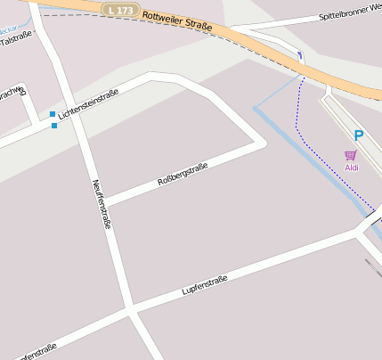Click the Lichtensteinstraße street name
tap(88, 106)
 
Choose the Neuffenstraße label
tap(102, 204)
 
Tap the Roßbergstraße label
tap(183, 175)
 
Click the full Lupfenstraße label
tap(205, 285)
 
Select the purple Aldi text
tap(352, 167)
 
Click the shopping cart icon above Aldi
tap(351, 155)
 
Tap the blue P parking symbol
tap(359, 135)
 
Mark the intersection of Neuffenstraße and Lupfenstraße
tap(131, 311)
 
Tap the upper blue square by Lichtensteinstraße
tap(53, 114)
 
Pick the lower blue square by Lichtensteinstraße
tap(54, 126)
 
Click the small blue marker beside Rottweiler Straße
tap(300, 56)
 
